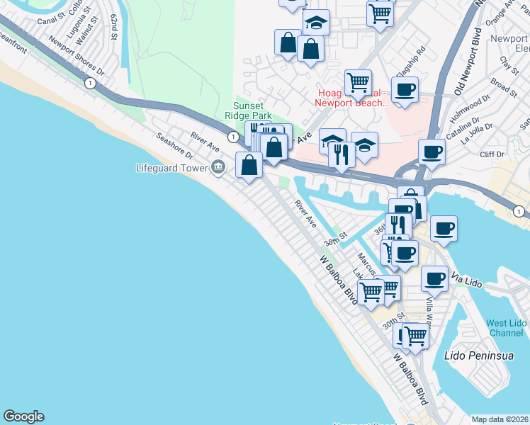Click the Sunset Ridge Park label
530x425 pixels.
(x=248, y=110)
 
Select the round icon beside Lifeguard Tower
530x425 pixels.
(x=218, y=167)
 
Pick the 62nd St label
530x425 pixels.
(x=114, y=25)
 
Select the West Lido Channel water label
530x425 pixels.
(x=506, y=328)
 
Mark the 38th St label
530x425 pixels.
(x=334, y=237)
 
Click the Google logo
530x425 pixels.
(x=24, y=416)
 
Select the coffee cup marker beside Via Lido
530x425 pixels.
(x=434, y=278)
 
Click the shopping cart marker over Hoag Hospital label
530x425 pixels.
(x=358, y=84)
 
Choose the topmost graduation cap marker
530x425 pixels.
(x=316, y=23)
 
